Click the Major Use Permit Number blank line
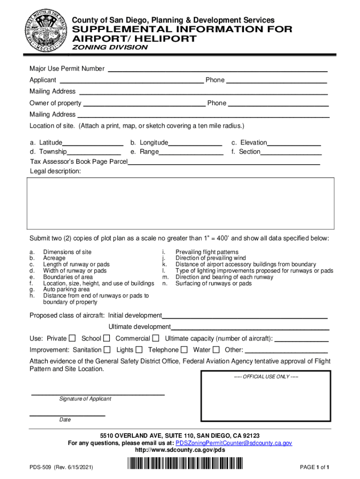click(x=217, y=69)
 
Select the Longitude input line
click(x=195, y=143)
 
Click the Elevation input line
click(x=294, y=143)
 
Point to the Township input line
click(x=94, y=152)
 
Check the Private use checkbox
click(x=72, y=338)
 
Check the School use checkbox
click(x=107, y=338)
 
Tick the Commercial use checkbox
click(x=156, y=338)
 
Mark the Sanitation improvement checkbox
click(x=107, y=349)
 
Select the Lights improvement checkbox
click(x=139, y=349)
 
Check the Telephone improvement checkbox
click(x=184, y=349)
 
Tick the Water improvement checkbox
click(x=216, y=349)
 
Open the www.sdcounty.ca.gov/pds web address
click(x=180, y=450)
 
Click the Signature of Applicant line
click(x=98, y=394)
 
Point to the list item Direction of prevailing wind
click(x=210, y=258)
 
